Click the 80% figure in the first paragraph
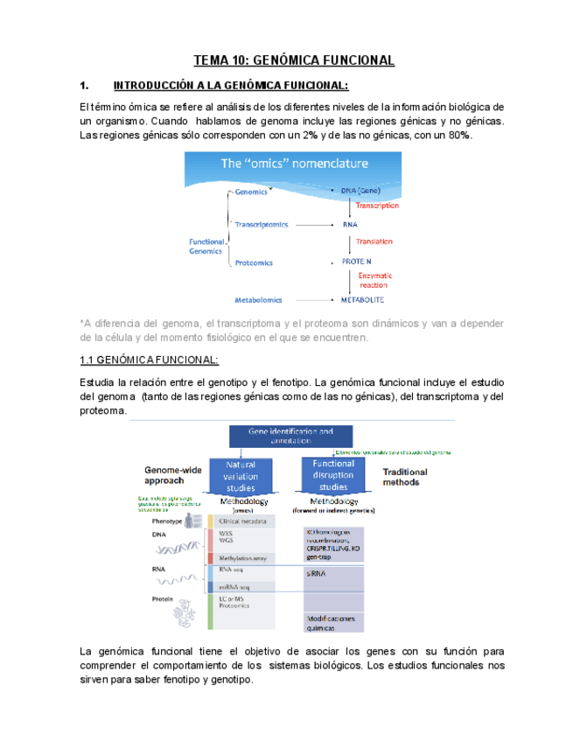coord(460,136)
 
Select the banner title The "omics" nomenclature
coord(294,164)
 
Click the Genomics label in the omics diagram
coord(252,192)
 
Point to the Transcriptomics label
coord(261,224)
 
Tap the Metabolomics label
coord(259,298)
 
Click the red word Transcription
coord(376,206)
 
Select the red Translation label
coord(374,241)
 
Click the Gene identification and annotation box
coord(290,437)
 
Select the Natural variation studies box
coord(247,476)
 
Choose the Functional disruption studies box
coord(333,475)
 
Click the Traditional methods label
coord(405,477)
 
